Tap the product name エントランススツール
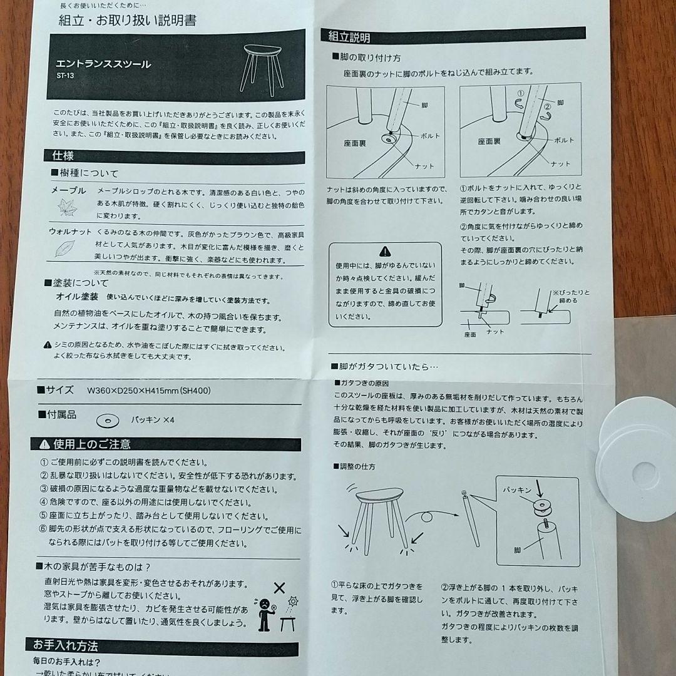coord(103,64)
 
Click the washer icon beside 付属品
coord(108,419)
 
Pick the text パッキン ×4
coord(152,419)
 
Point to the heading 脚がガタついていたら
coord(388,367)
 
